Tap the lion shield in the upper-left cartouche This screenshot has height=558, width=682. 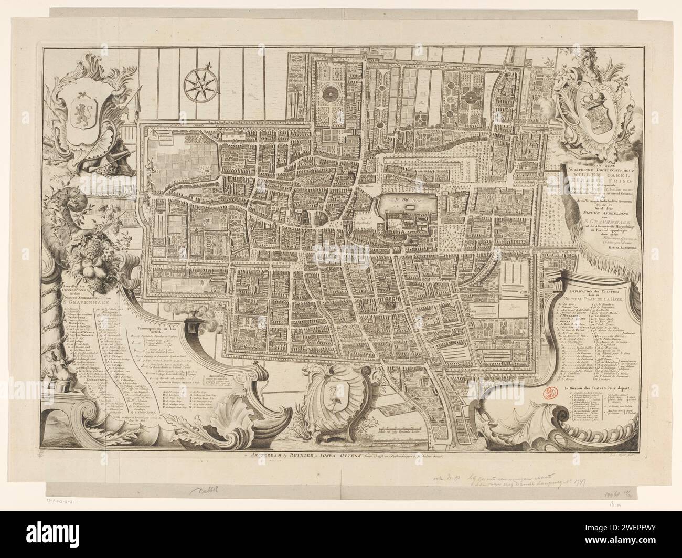point(84,110)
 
